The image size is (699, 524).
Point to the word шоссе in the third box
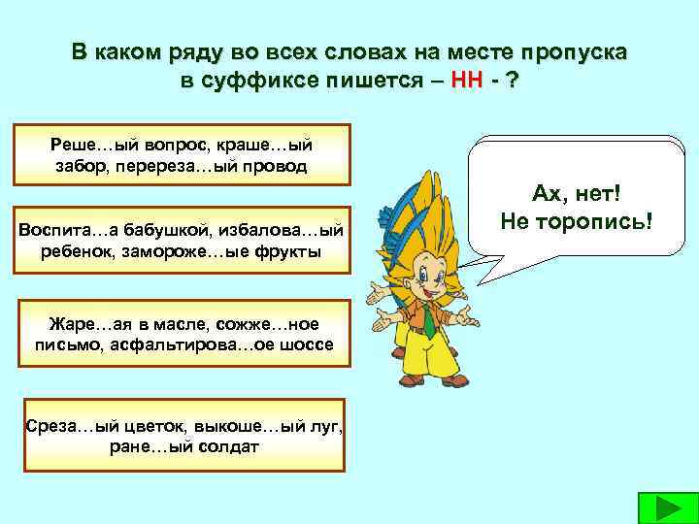tap(311, 345)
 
